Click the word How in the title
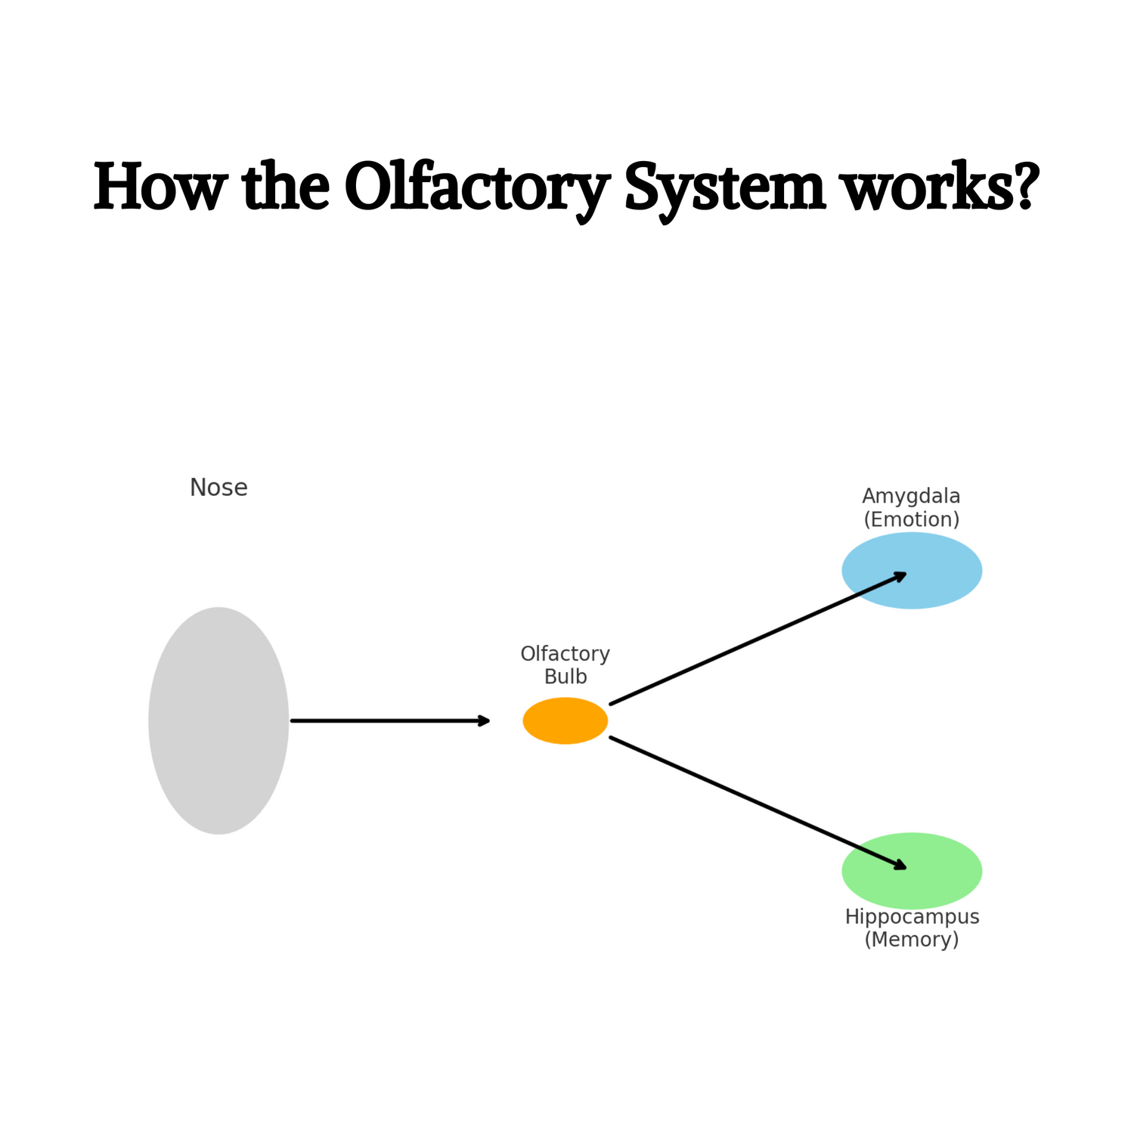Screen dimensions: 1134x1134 (160, 187)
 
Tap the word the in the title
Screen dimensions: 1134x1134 (286, 187)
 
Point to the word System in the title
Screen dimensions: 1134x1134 (725, 187)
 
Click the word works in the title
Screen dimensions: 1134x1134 (928, 187)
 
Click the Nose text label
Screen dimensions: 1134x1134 (218, 488)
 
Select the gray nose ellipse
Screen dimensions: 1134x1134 (218, 720)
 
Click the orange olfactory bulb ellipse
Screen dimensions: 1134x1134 (565, 720)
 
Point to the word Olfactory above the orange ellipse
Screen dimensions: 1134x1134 (565, 653)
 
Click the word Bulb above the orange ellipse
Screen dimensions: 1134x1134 (565, 676)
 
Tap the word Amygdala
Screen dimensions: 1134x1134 (911, 497)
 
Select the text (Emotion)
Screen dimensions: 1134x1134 (911, 519)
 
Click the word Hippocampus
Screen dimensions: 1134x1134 (912, 917)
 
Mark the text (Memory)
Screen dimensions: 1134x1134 (912, 940)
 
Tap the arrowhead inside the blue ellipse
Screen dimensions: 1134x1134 (900, 575)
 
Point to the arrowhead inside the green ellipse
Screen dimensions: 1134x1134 (900, 866)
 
